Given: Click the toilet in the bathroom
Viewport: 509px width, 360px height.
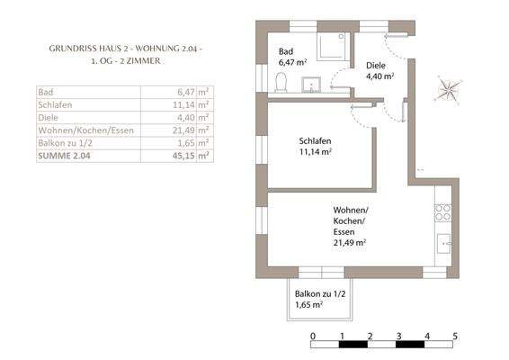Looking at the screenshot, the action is [x=281, y=82].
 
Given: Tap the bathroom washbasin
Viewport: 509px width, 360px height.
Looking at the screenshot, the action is [x=311, y=85].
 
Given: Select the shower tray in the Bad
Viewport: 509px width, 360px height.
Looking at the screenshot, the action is [x=333, y=47].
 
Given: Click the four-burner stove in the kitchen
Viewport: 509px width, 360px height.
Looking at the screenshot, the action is [x=443, y=212].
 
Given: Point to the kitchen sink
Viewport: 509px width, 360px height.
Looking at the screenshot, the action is [x=443, y=243].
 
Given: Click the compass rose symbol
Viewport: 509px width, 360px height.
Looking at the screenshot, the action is [x=448, y=89].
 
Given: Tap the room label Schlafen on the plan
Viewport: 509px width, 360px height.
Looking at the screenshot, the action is [x=315, y=141].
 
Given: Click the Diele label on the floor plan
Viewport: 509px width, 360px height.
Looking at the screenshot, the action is [x=376, y=66].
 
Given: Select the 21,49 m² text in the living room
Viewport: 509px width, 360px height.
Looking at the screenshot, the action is [x=350, y=242].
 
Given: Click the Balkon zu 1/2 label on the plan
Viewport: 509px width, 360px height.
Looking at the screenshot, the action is [x=320, y=293].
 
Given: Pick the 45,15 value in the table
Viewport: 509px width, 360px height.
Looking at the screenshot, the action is [x=183, y=156].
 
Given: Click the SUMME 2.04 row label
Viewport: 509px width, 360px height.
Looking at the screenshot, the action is [x=64, y=156].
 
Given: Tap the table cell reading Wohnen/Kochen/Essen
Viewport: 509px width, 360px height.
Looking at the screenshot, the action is [x=85, y=130].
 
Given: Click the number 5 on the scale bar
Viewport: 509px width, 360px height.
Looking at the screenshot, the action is [x=455, y=336].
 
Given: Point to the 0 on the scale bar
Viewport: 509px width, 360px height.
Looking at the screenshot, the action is [x=313, y=336].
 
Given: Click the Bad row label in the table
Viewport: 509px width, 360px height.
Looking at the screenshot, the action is [x=46, y=92].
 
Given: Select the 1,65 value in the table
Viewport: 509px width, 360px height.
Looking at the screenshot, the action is [x=186, y=143].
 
